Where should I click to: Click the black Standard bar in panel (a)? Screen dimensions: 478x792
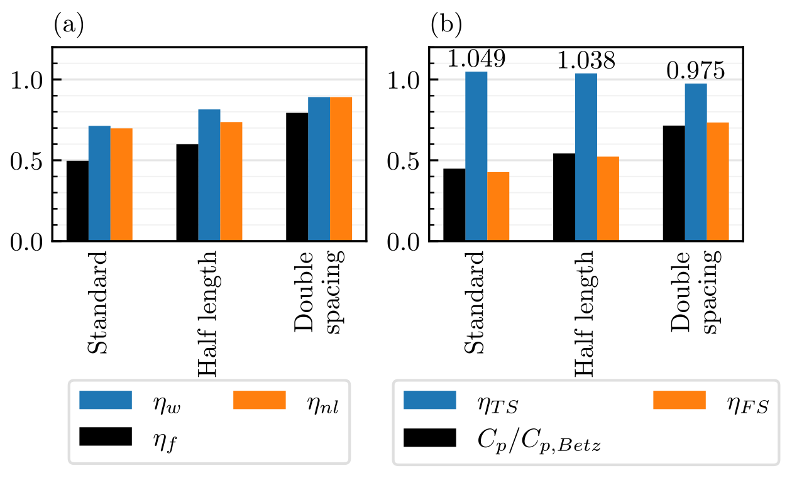click(x=77, y=201)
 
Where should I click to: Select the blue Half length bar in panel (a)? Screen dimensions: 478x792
click(x=209, y=175)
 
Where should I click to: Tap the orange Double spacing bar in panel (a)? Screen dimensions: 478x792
click(x=341, y=169)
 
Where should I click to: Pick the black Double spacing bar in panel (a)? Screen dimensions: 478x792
click(x=297, y=177)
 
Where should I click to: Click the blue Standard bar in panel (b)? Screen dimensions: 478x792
click(x=476, y=156)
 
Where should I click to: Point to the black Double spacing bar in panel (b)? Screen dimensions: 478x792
click(x=673, y=183)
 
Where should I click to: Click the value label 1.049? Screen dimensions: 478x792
click(x=476, y=60)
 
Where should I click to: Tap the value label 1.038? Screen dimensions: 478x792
click(x=586, y=62)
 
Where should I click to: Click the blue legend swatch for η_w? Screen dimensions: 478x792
click(x=106, y=400)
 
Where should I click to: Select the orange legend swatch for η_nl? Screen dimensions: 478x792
click(x=259, y=400)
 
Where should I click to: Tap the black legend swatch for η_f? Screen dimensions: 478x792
click(x=106, y=437)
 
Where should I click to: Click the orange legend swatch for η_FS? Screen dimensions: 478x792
click(x=679, y=400)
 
